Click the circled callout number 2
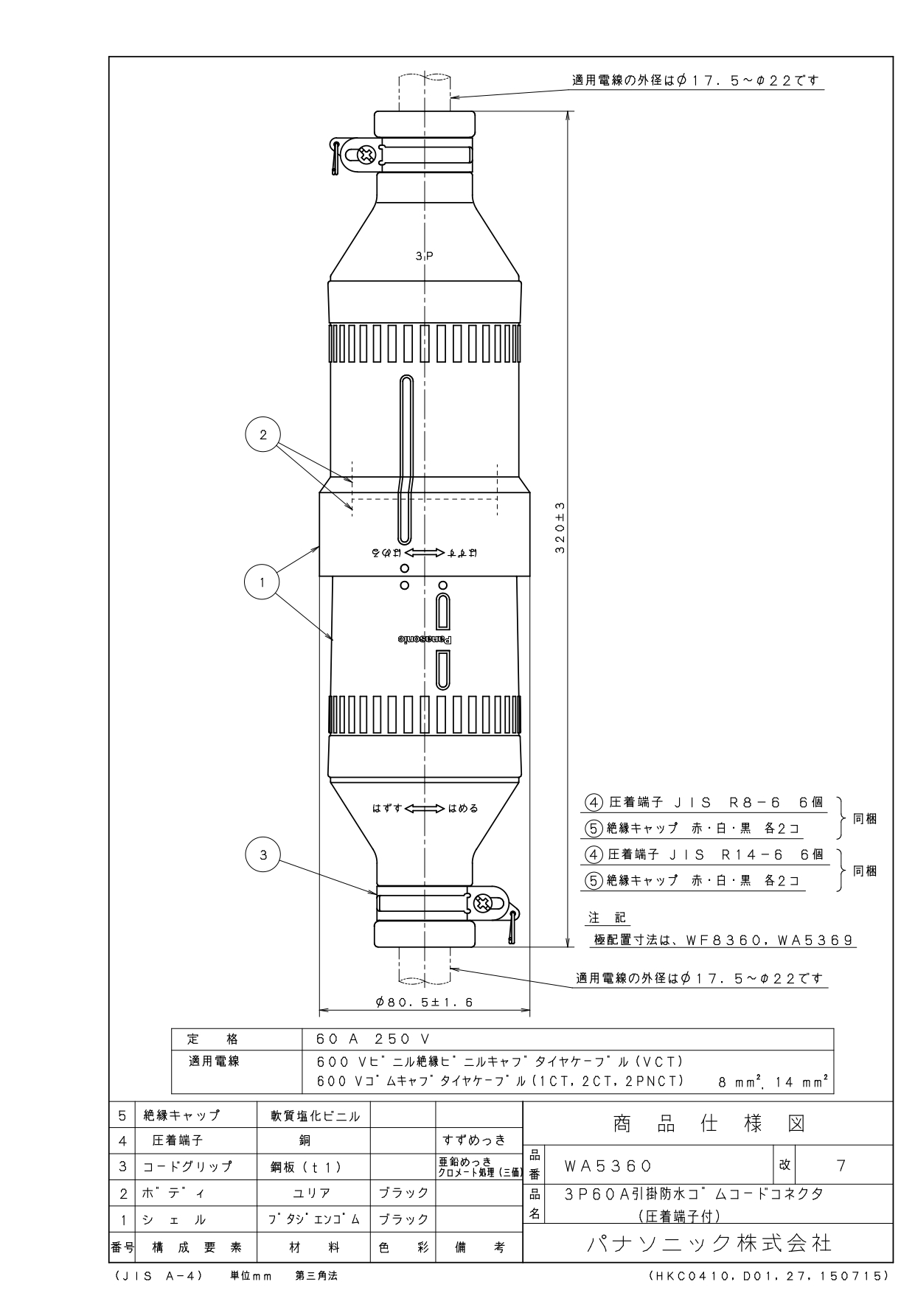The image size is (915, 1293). pyautogui.click(x=263, y=434)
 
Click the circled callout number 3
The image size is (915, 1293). pyautogui.click(x=263, y=855)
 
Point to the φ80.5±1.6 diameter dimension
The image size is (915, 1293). pyautogui.click(x=423, y=1003)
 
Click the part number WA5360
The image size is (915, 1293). pyautogui.click(x=608, y=1166)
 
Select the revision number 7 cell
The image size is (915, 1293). pyautogui.click(x=841, y=1165)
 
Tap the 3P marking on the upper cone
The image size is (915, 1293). pyautogui.click(x=424, y=257)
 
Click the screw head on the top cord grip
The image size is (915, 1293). pyautogui.click(x=365, y=156)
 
